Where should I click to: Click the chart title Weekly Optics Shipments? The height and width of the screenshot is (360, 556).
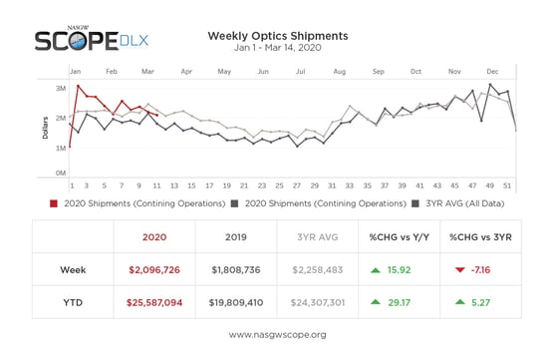pyautogui.click(x=277, y=36)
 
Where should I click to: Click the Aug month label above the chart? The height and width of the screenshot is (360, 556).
pyautogui.click(x=340, y=72)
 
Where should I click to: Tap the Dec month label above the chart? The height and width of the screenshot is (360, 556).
pyautogui.click(x=492, y=72)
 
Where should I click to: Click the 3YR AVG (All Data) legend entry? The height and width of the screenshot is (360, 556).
pyautogui.click(x=459, y=203)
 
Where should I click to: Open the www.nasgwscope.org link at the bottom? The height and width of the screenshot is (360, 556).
pyautogui.click(x=277, y=334)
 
